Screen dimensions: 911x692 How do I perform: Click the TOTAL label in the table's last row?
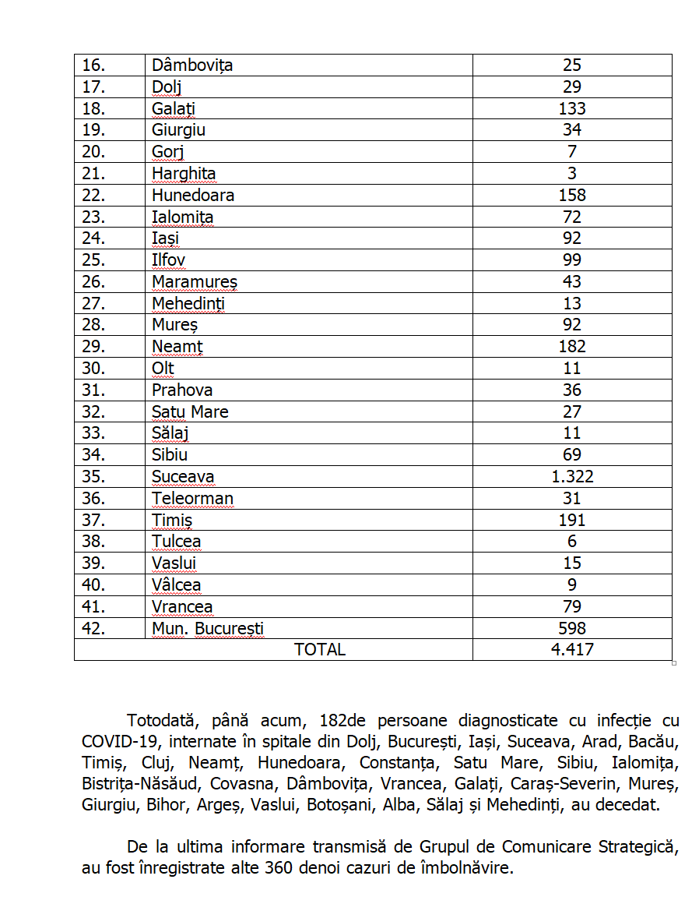pos(320,650)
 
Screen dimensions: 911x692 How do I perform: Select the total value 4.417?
pos(572,650)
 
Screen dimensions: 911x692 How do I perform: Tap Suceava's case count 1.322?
pos(572,477)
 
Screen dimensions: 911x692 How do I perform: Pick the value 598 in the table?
pos(572,628)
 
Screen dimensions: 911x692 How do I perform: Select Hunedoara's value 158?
pos(572,195)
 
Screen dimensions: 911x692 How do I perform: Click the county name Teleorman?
pos(192,499)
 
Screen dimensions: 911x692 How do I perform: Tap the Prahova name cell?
pos(182,390)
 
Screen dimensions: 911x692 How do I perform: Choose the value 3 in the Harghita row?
pos(572,173)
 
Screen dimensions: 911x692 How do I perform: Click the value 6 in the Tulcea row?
pos(572,542)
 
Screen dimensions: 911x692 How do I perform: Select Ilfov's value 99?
pos(572,260)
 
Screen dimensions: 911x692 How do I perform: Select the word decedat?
pos(625,804)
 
